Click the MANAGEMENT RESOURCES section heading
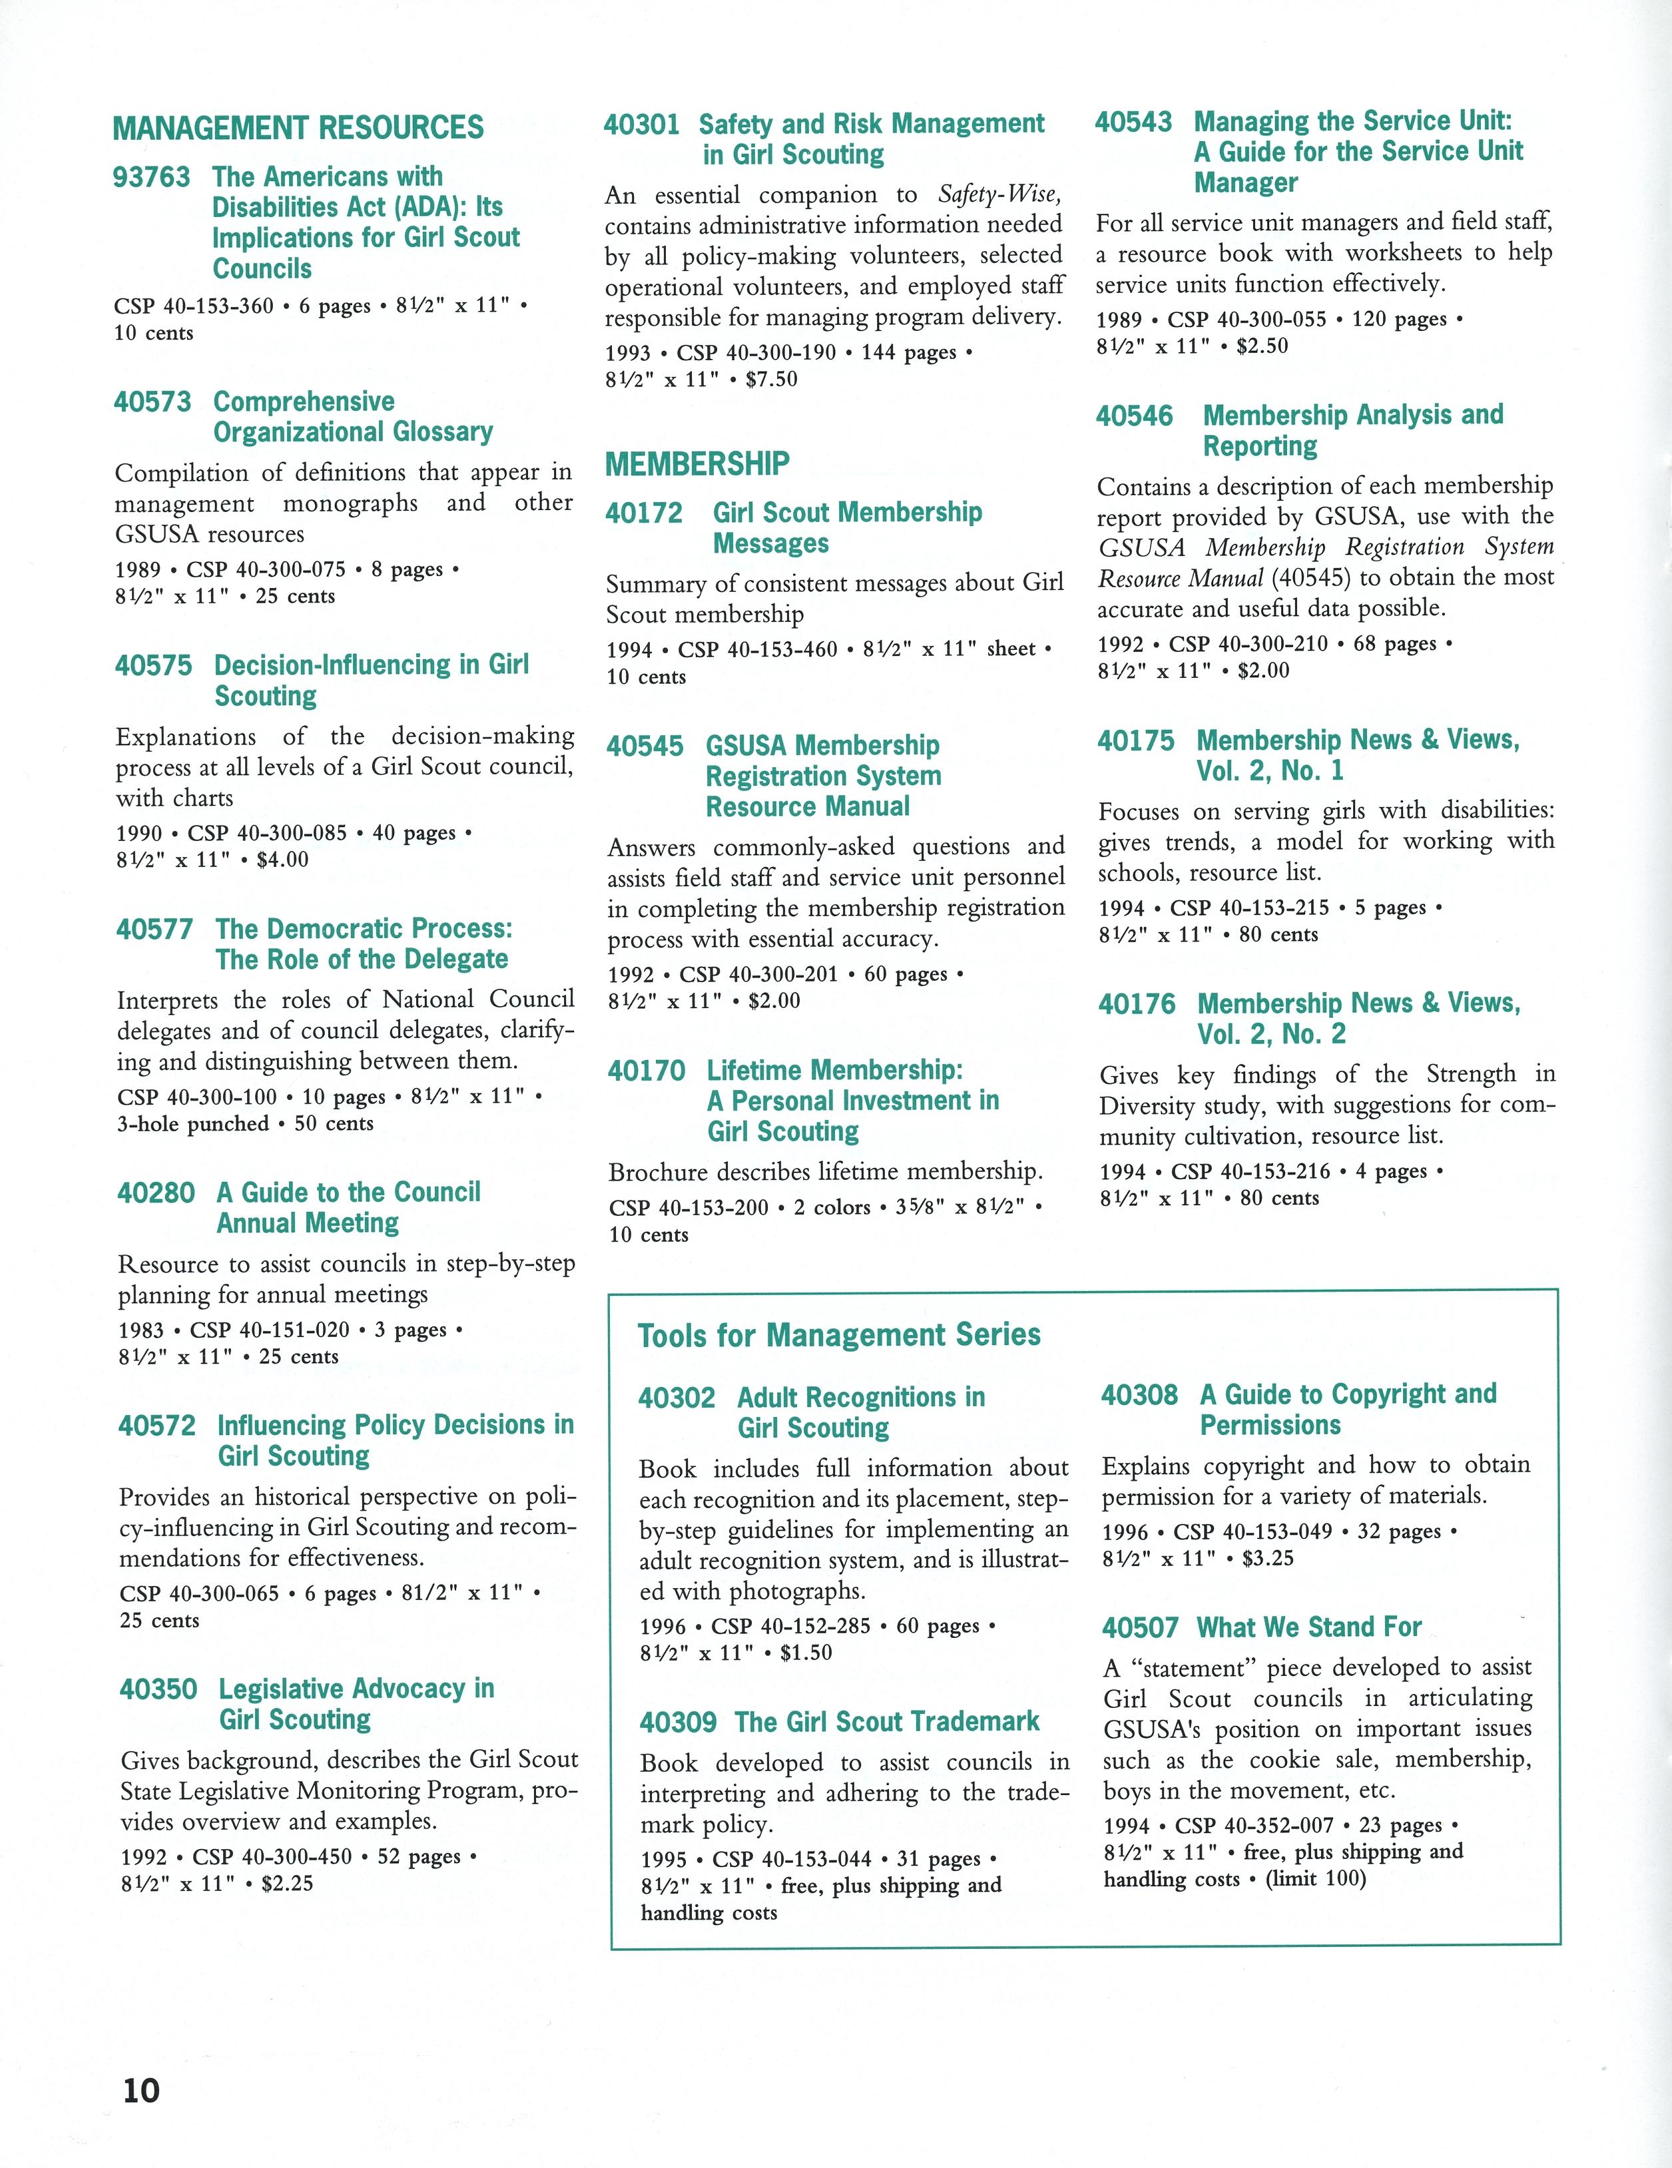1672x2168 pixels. click(298, 128)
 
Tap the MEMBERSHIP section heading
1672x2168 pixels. click(697, 463)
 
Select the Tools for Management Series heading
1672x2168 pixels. click(839, 1335)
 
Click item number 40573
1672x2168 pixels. click(152, 402)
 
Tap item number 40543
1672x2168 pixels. click(1133, 122)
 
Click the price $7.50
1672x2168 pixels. click(772, 380)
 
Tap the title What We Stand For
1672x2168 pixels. click(1308, 1628)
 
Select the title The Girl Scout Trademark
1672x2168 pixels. click(887, 1721)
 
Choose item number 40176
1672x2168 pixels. click(1136, 1003)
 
